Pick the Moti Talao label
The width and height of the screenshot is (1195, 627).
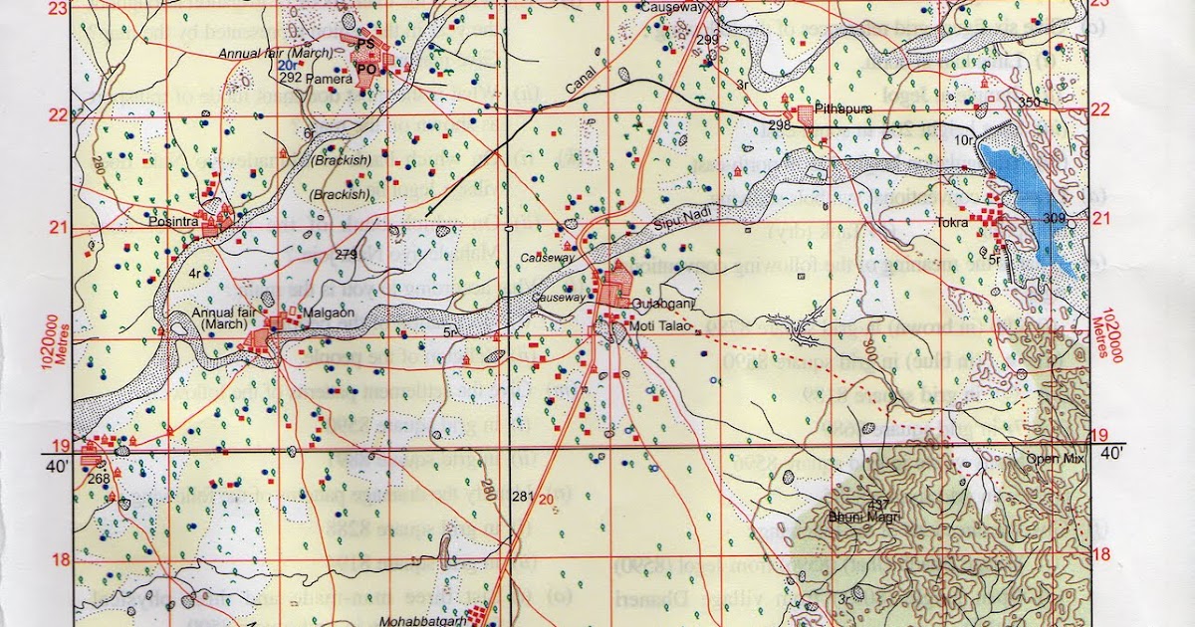(x=653, y=325)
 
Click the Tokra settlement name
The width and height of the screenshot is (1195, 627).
(x=952, y=223)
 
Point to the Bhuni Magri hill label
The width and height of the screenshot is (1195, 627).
(x=855, y=517)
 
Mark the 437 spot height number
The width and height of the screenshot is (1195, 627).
(x=850, y=503)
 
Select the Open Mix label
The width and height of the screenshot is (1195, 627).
(x=1057, y=459)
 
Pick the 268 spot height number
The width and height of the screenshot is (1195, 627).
(x=98, y=479)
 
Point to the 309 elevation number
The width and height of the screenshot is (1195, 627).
(x=1055, y=218)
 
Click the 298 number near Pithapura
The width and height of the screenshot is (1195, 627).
(x=780, y=124)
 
